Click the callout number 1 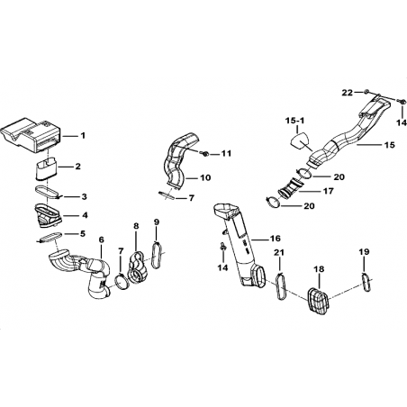click(x=83, y=136)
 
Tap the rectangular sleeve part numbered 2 click(x=47, y=169)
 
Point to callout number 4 click(x=85, y=215)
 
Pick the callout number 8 click(x=136, y=226)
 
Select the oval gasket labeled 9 click(x=158, y=255)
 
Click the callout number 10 click(x=205, y=177)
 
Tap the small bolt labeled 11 click(x=205, y=154)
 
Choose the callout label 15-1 click(x=294, y=121)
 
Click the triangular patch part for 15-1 click(x=299, y=140)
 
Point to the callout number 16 click(x=275, y=239)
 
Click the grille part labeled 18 click(x=318, y=302)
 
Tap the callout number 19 click(x=364, y=251)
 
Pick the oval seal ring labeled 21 click(x=281, y=285)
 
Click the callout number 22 click(x=348, y=93)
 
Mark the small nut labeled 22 click(x=366, y=91)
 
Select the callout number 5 click(x=82, y=233)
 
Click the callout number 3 click(x=84, y=196)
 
